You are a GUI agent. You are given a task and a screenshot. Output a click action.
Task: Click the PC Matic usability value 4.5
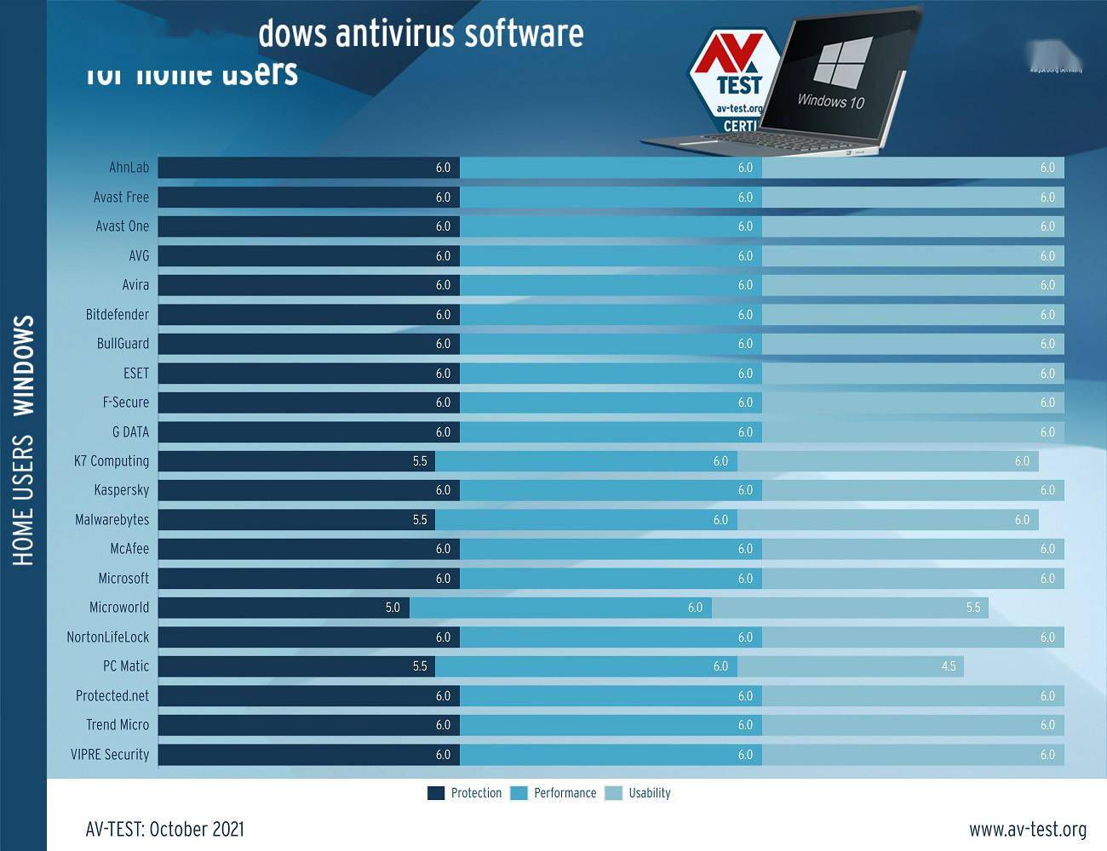coord(949,666)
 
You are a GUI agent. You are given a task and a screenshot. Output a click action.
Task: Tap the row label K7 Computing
coord(112,461)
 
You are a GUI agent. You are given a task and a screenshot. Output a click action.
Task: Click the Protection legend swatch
coord(436,793)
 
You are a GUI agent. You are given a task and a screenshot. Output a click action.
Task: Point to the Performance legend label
coord(565,793)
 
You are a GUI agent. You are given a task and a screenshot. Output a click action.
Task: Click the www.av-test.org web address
coord(1027,829)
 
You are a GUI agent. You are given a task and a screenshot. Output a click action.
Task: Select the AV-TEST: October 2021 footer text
coord(164,829)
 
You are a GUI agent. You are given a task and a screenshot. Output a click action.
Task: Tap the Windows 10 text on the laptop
coord(830,100)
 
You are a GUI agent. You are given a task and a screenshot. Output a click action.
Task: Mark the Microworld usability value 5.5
coord(973,608)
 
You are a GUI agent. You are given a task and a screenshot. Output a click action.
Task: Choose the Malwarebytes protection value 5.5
coord(420,520)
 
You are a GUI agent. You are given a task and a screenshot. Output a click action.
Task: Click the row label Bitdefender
coord(118,315)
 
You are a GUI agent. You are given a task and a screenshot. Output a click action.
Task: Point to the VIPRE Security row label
coord(110,755)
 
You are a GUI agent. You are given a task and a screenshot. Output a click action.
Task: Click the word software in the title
coord(524,34)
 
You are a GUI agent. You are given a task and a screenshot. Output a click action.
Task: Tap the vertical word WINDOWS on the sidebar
coord(24,365)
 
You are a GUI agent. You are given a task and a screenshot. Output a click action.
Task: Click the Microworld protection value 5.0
coord(393,608)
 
